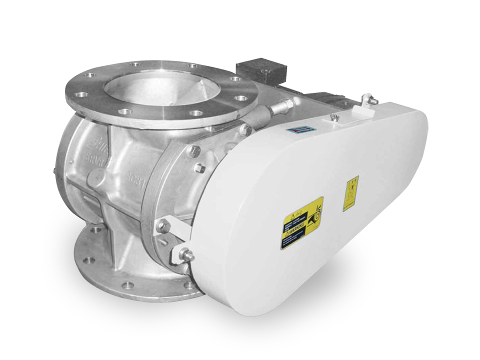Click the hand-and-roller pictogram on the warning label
tap(316, 219)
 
